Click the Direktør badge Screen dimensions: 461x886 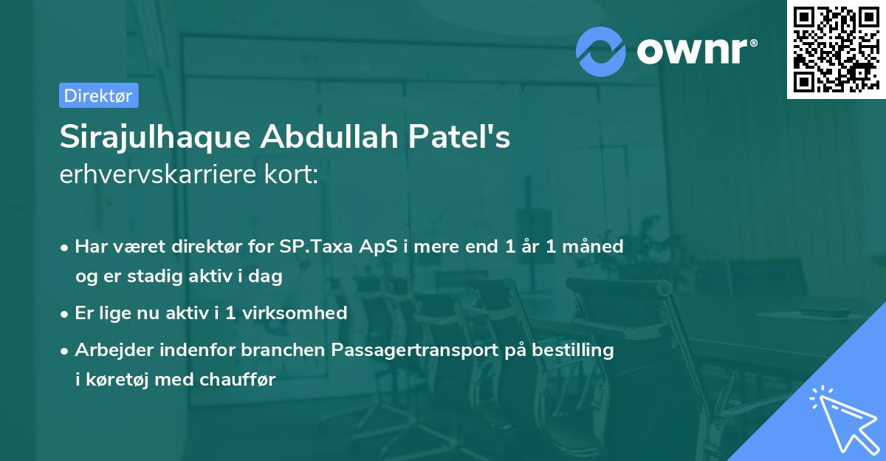[x=98, y=95]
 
